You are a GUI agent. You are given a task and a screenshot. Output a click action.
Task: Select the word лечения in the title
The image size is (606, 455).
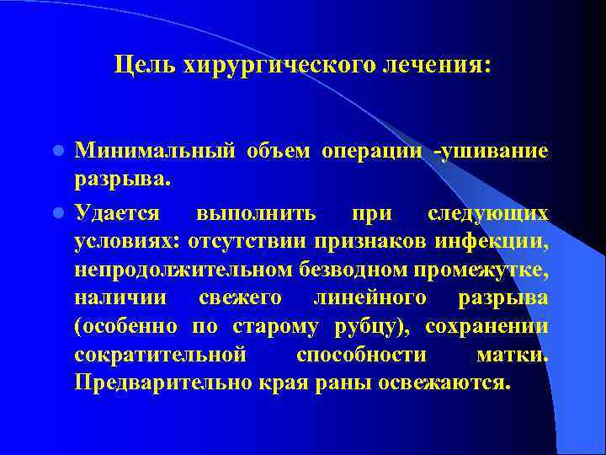pyautogui.click(x=437, y=64)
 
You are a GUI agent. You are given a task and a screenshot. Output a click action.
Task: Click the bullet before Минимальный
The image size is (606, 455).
pyautogui.click(x=59, y=153)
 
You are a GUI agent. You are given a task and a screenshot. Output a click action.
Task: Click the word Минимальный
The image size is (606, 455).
pyautogui.click(x=155, y=153)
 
